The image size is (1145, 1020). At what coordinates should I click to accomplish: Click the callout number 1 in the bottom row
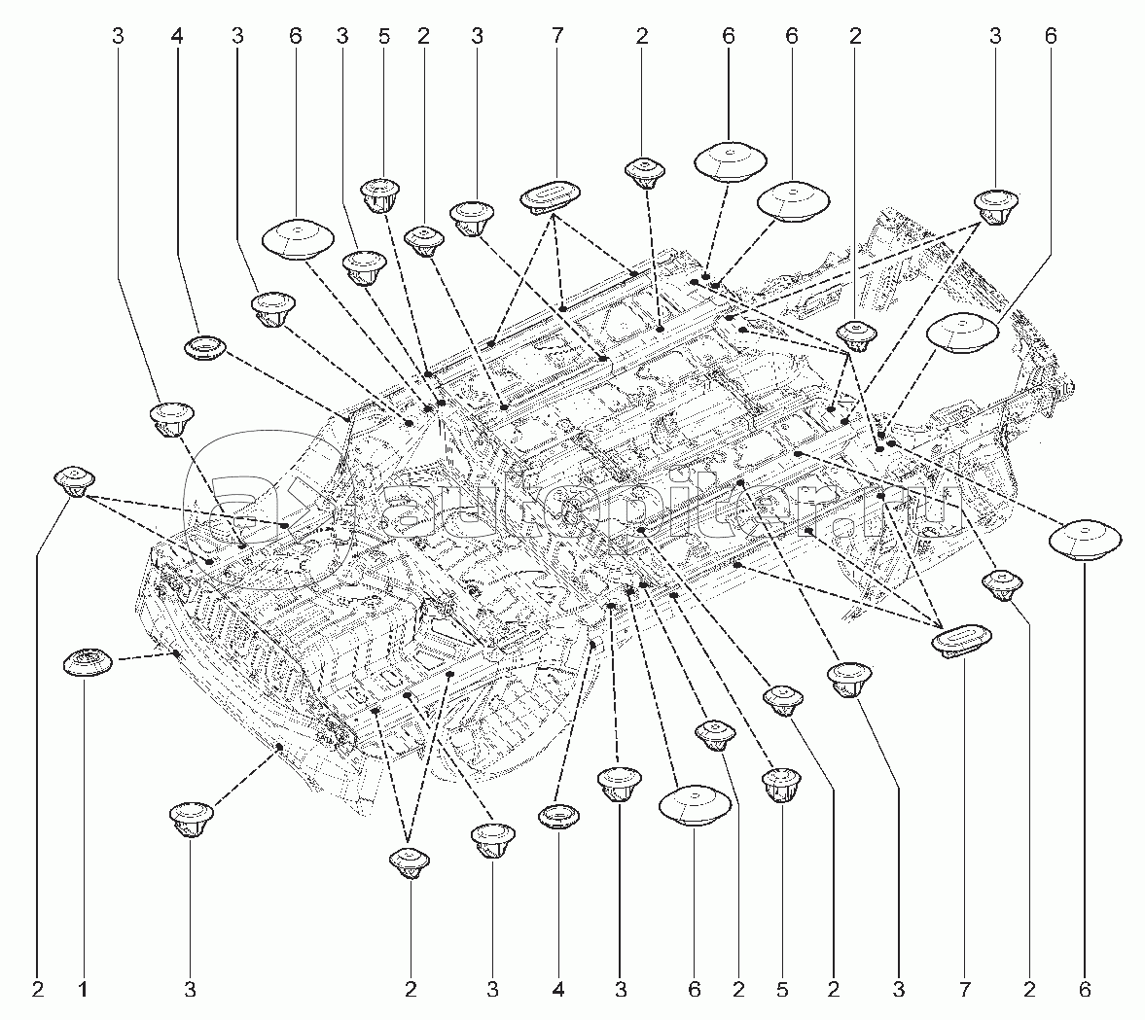click(84, 990)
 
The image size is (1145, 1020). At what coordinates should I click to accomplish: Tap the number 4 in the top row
click(176, 37)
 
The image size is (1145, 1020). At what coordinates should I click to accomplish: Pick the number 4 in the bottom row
click(558, 990)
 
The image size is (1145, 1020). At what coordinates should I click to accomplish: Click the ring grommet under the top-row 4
click(204, 347)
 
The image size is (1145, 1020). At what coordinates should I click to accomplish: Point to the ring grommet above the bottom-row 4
click(558, 816)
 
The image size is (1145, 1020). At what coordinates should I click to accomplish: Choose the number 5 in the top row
click(384, 37)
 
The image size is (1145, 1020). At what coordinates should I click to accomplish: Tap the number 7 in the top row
click(556, 37)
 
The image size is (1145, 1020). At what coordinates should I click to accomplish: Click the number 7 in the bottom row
click(964, 990)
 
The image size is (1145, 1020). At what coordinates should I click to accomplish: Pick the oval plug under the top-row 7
click(551, 197)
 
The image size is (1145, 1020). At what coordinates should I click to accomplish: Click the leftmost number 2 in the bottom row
click(38, 990)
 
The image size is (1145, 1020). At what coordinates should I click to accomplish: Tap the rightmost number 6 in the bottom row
click(1085, 990)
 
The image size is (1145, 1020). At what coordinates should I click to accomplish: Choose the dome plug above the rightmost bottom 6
click(1085, 541)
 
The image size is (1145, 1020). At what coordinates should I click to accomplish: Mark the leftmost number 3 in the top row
click(118, 37)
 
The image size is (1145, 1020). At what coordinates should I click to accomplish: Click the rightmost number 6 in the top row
click(1050, 37)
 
